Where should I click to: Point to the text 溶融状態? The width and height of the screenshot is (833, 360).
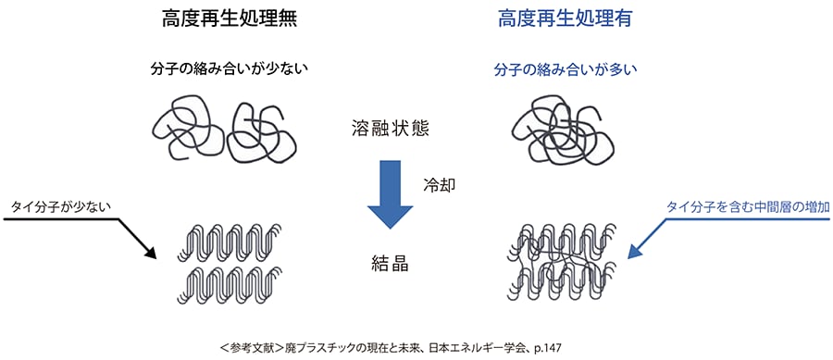pyautogui.click(x=390, y=126)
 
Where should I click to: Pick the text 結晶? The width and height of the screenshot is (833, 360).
pyautogui.click(x=389, y=263)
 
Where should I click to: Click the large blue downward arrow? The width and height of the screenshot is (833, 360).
pyautogui.click(x=390, y=193)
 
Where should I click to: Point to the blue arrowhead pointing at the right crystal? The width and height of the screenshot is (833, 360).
pyautogui.click(x=637, y=253)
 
